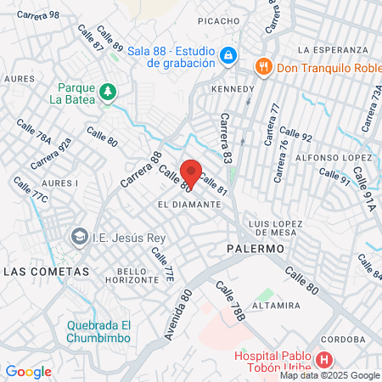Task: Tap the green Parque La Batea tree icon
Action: [106, 91]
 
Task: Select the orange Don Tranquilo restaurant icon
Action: [264, 65]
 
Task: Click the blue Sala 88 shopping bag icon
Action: [228, 57]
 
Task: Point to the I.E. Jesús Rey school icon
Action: [80, 235]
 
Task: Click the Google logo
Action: [28, 371]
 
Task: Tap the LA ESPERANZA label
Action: [334, 50]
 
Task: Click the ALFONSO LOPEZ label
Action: [334, 158]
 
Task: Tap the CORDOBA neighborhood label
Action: [341, 334]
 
